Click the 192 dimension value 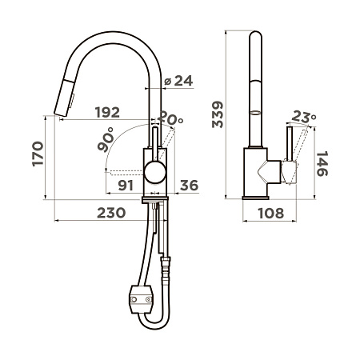point(107,113)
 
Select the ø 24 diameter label point(178,81)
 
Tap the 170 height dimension point(38,154)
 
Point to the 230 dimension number point(111,213)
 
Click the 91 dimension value point(126,186)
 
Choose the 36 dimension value point(189,186)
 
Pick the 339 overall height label point(218,114)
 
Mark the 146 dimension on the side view point(322,164)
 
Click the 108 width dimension point(271,214)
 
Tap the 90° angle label point(106,139)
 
